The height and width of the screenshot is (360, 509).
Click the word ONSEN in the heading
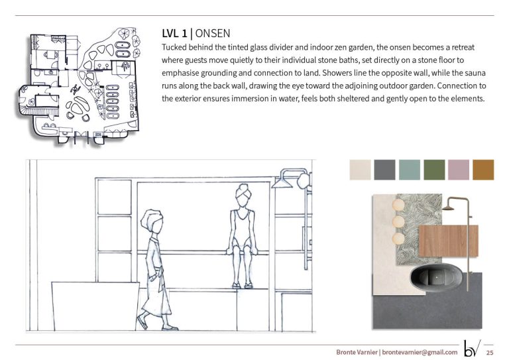pos(213,33)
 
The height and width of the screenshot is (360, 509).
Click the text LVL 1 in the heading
pos(174,33)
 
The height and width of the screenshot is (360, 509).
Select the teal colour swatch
pos(410,170)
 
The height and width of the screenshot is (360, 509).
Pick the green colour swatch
pos(434,170)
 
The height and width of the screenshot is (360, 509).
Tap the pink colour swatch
pos(459,170)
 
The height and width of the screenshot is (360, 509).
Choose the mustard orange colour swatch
pos(483,170)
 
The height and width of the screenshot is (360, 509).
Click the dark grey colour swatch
pos(384,170)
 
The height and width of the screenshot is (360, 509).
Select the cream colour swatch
pos(360,170)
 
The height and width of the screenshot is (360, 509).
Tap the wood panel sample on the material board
pos(448,241)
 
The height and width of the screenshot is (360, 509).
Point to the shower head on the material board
pos(448,208)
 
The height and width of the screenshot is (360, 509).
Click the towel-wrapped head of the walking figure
pos(152,221)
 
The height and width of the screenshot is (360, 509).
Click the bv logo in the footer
pos(473,348)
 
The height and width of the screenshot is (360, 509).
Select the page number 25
pos(490,353)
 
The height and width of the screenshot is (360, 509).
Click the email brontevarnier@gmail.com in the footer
pos(420,352)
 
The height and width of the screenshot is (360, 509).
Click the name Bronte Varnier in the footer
pos(357,352)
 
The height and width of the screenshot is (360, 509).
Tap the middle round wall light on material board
pos(399,222)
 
